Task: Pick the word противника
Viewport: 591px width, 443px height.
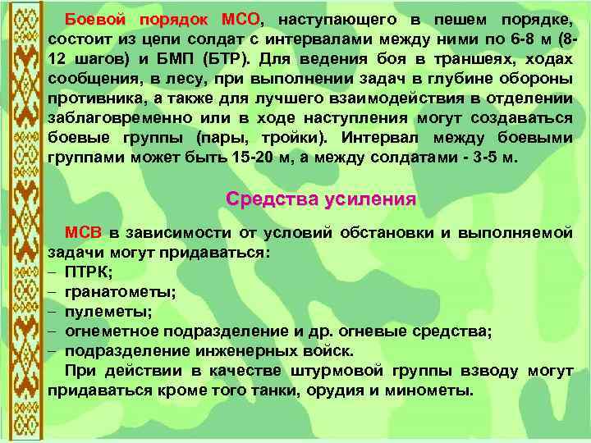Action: coord(91,98)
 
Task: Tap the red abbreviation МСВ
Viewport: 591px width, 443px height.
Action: coord(82,232)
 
